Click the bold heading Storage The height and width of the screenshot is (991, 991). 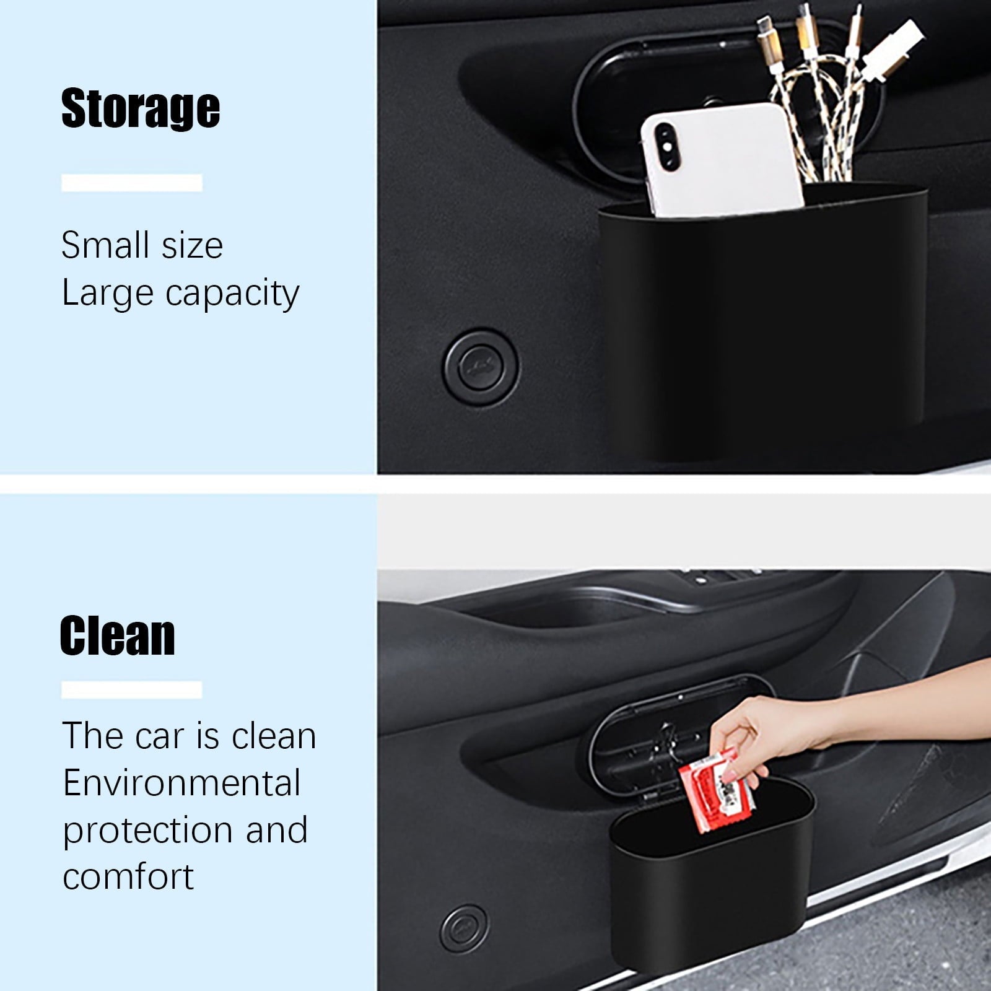click(x=141, y=108)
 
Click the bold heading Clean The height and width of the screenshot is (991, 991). click(x=118, y=636)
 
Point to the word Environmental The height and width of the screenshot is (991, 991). click(x=181, y=783)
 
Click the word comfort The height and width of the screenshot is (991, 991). click(x=128, y=877)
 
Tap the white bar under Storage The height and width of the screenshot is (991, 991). click(x=132, y=183)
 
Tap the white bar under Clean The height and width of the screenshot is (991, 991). click(x=132, y=690)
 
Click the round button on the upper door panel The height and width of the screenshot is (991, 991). click(x=480, y=368)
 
